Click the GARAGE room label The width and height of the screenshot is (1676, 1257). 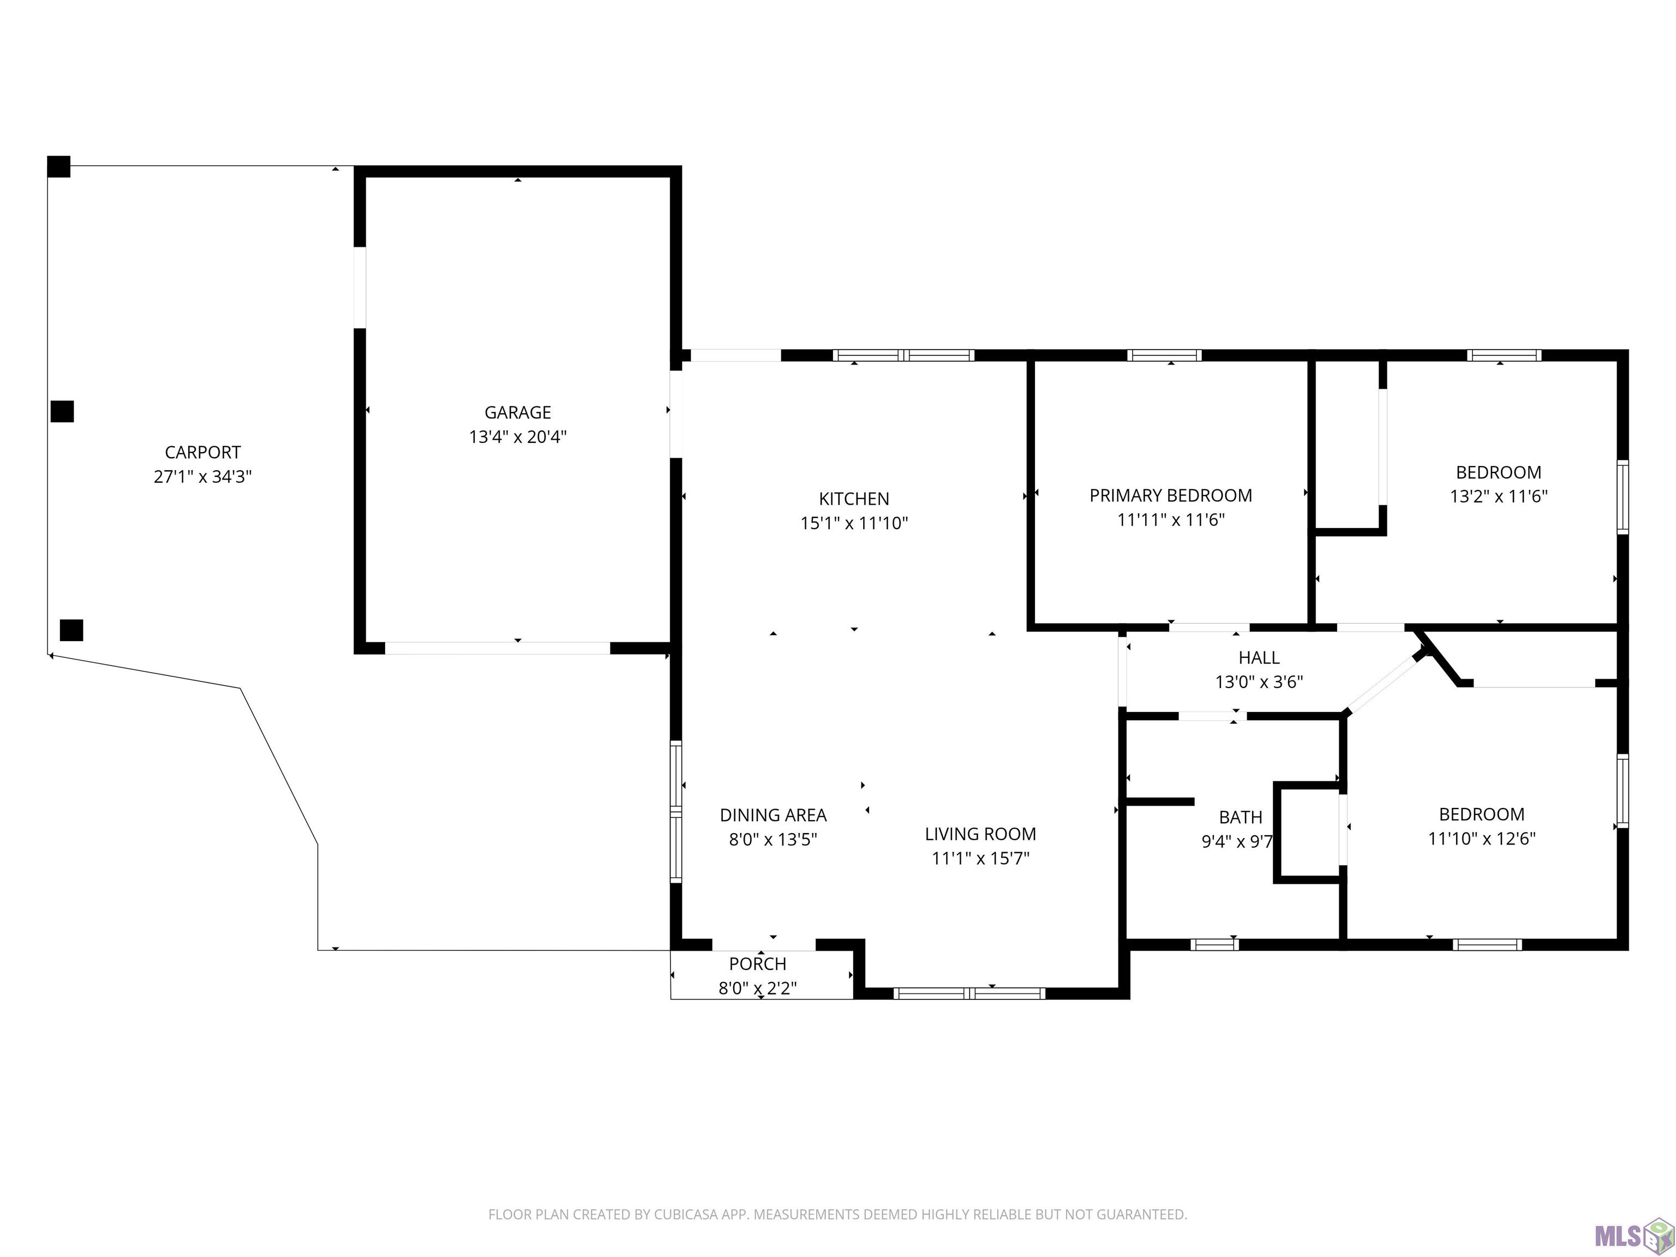click(518, 412)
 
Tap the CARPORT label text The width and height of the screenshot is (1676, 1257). click(202, 452)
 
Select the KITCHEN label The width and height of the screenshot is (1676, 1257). click(854, 499)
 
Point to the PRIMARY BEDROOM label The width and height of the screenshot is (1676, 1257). click(1171, 495)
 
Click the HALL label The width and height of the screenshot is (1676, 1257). click(1259, 657)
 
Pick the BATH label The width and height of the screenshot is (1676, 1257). click(1240, 818)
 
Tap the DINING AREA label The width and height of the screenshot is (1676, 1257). click(773, 815)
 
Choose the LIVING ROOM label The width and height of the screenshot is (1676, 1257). click(980, 834)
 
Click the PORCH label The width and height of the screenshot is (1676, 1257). click(758, 964)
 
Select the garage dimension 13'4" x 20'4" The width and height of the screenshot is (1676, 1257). click(518, 437)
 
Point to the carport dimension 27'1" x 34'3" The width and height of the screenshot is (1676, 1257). click(202, 477)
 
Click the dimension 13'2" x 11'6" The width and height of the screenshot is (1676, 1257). click(1499, 496)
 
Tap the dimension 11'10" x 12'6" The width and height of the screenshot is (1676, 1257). click(1482, 839)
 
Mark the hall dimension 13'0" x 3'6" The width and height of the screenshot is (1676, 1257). click(1259, 682)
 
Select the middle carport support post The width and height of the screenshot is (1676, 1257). click(62, 411)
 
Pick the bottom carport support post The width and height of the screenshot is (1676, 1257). click(71, 630)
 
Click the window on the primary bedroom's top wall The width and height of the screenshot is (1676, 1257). click(1164, 355)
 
